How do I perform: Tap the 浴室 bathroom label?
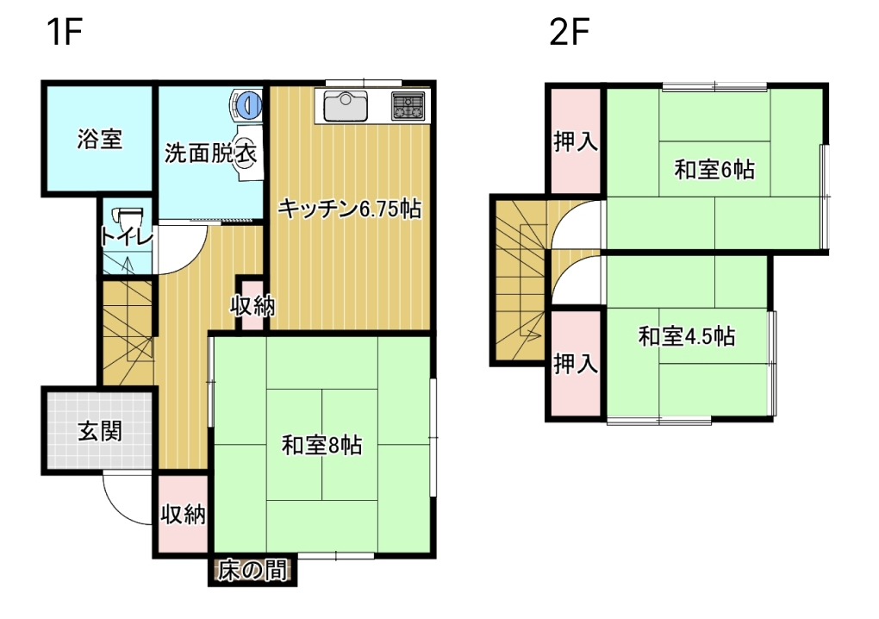tap(100, 139)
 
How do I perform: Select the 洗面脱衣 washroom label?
tap(211, 153)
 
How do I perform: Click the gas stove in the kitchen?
tap(408, 106)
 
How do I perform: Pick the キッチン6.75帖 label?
tap(350, 209)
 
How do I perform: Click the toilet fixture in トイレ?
tap(128, 217)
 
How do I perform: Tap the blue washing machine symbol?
tap(247, 104)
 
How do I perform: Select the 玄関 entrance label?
tap(100, 432)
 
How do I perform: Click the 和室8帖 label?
tap(321, 446)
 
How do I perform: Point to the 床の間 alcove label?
tap(252, 572)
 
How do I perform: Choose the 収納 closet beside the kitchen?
tap(252, 306)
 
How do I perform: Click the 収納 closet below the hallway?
tap(183, 514)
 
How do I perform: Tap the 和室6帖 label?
tap(714, 169)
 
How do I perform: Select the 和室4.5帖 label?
tap(687, 336)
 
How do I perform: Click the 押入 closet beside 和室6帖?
tap(576, 141)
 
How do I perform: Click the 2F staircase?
tap(520, 280)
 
